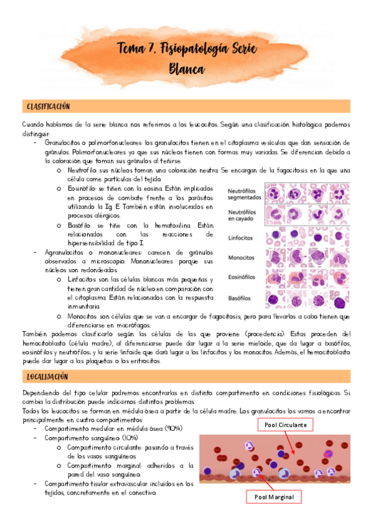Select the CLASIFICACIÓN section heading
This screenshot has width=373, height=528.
click(x=48, y=106)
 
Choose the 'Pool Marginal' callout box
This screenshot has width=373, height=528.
click(x=277, y=497)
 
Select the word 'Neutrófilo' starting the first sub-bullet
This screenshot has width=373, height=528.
click(x=82, y=170)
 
